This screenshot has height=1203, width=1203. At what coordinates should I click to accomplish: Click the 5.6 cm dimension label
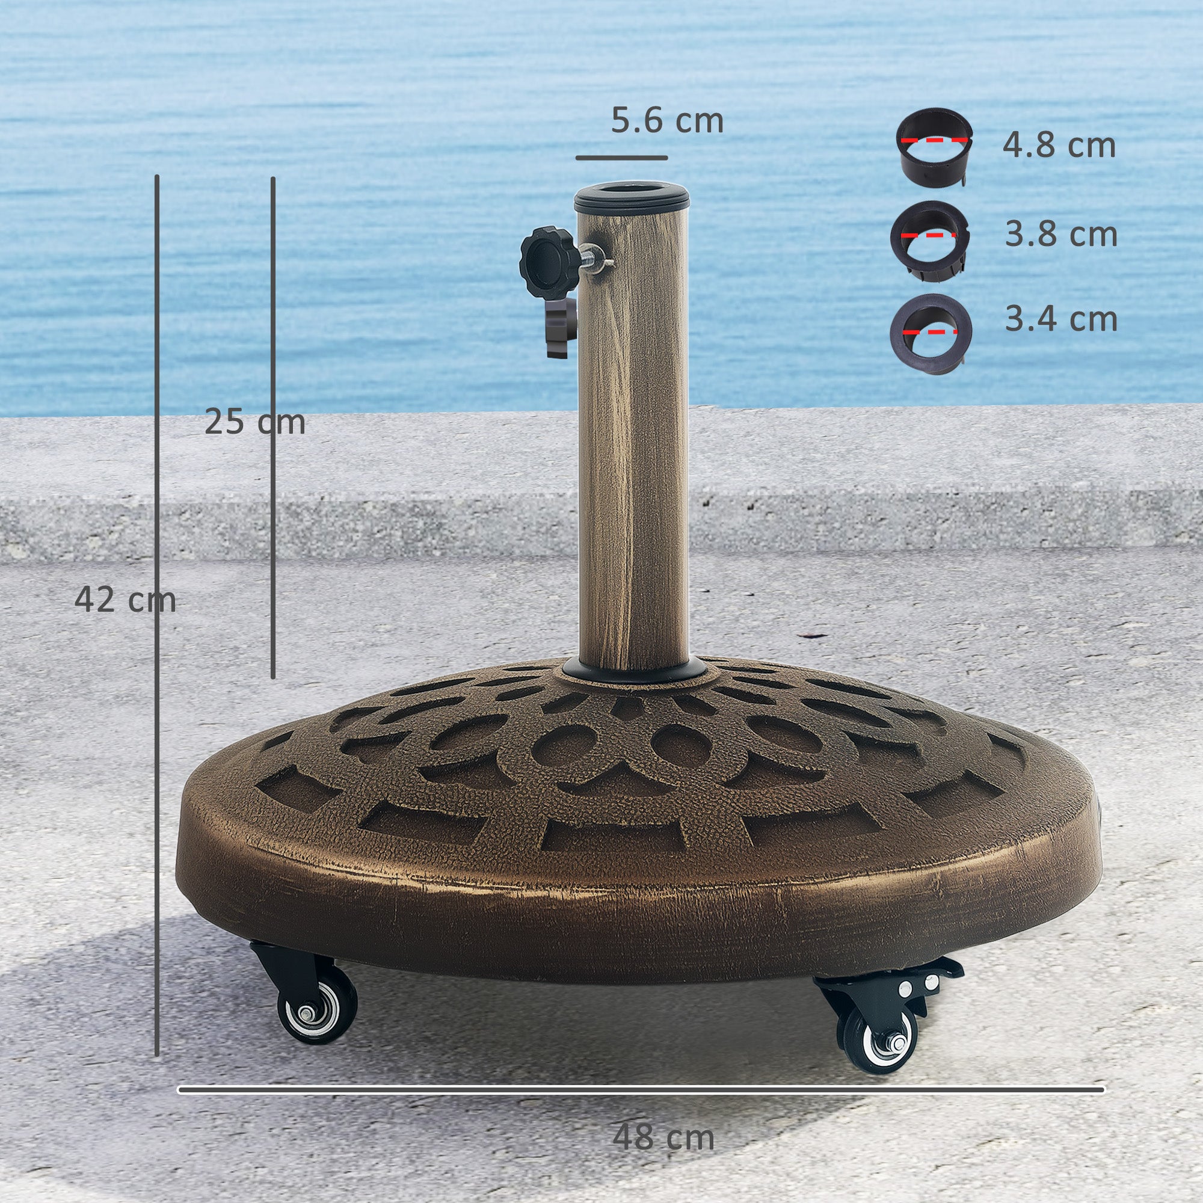[667, 121]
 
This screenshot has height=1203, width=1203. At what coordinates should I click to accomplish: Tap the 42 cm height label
[125, 600]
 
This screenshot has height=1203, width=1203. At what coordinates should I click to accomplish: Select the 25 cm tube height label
[254, 422]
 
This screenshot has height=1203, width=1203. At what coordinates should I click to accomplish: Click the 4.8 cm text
[1059, 145]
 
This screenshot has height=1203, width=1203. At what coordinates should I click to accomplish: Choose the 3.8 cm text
[1061, 235]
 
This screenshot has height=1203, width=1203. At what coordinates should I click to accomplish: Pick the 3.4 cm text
[1061, 319]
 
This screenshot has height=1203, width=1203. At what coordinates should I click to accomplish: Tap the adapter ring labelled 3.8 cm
[930, 241]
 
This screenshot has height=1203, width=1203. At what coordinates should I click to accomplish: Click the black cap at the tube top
[631, 198]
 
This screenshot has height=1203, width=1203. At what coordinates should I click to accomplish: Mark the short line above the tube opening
[621, 158]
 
